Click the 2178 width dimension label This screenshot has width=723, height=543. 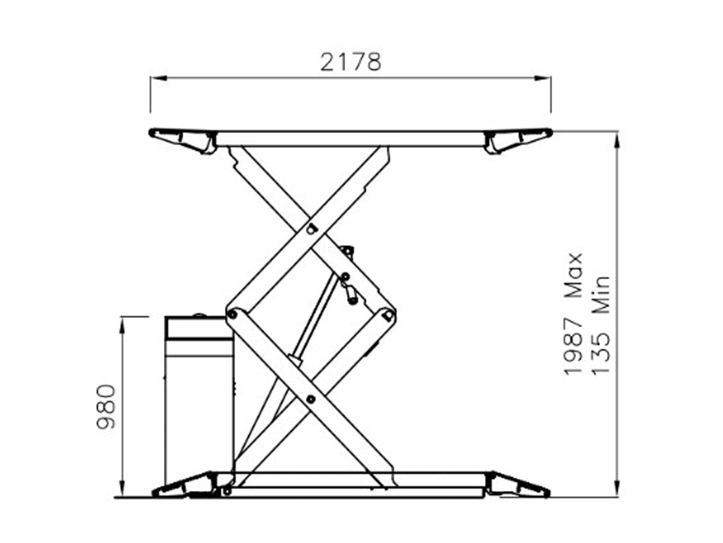coord(350,61)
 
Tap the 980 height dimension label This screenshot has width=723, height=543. coord(106,407)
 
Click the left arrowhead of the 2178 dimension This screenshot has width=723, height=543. coord(157,78)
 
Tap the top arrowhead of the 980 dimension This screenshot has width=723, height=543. coord(122,322)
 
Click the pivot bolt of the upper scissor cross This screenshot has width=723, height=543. coord(311,228)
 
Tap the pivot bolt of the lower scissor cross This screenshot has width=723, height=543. coord(310,399)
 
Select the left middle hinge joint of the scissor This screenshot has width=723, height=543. coord(232,314)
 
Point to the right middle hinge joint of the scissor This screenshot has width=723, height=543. coord(388,314)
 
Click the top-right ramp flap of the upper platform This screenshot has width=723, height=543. coord(517,139)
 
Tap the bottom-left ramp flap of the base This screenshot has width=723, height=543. coord(185,485)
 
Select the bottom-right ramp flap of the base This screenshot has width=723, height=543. coord(516,485)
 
